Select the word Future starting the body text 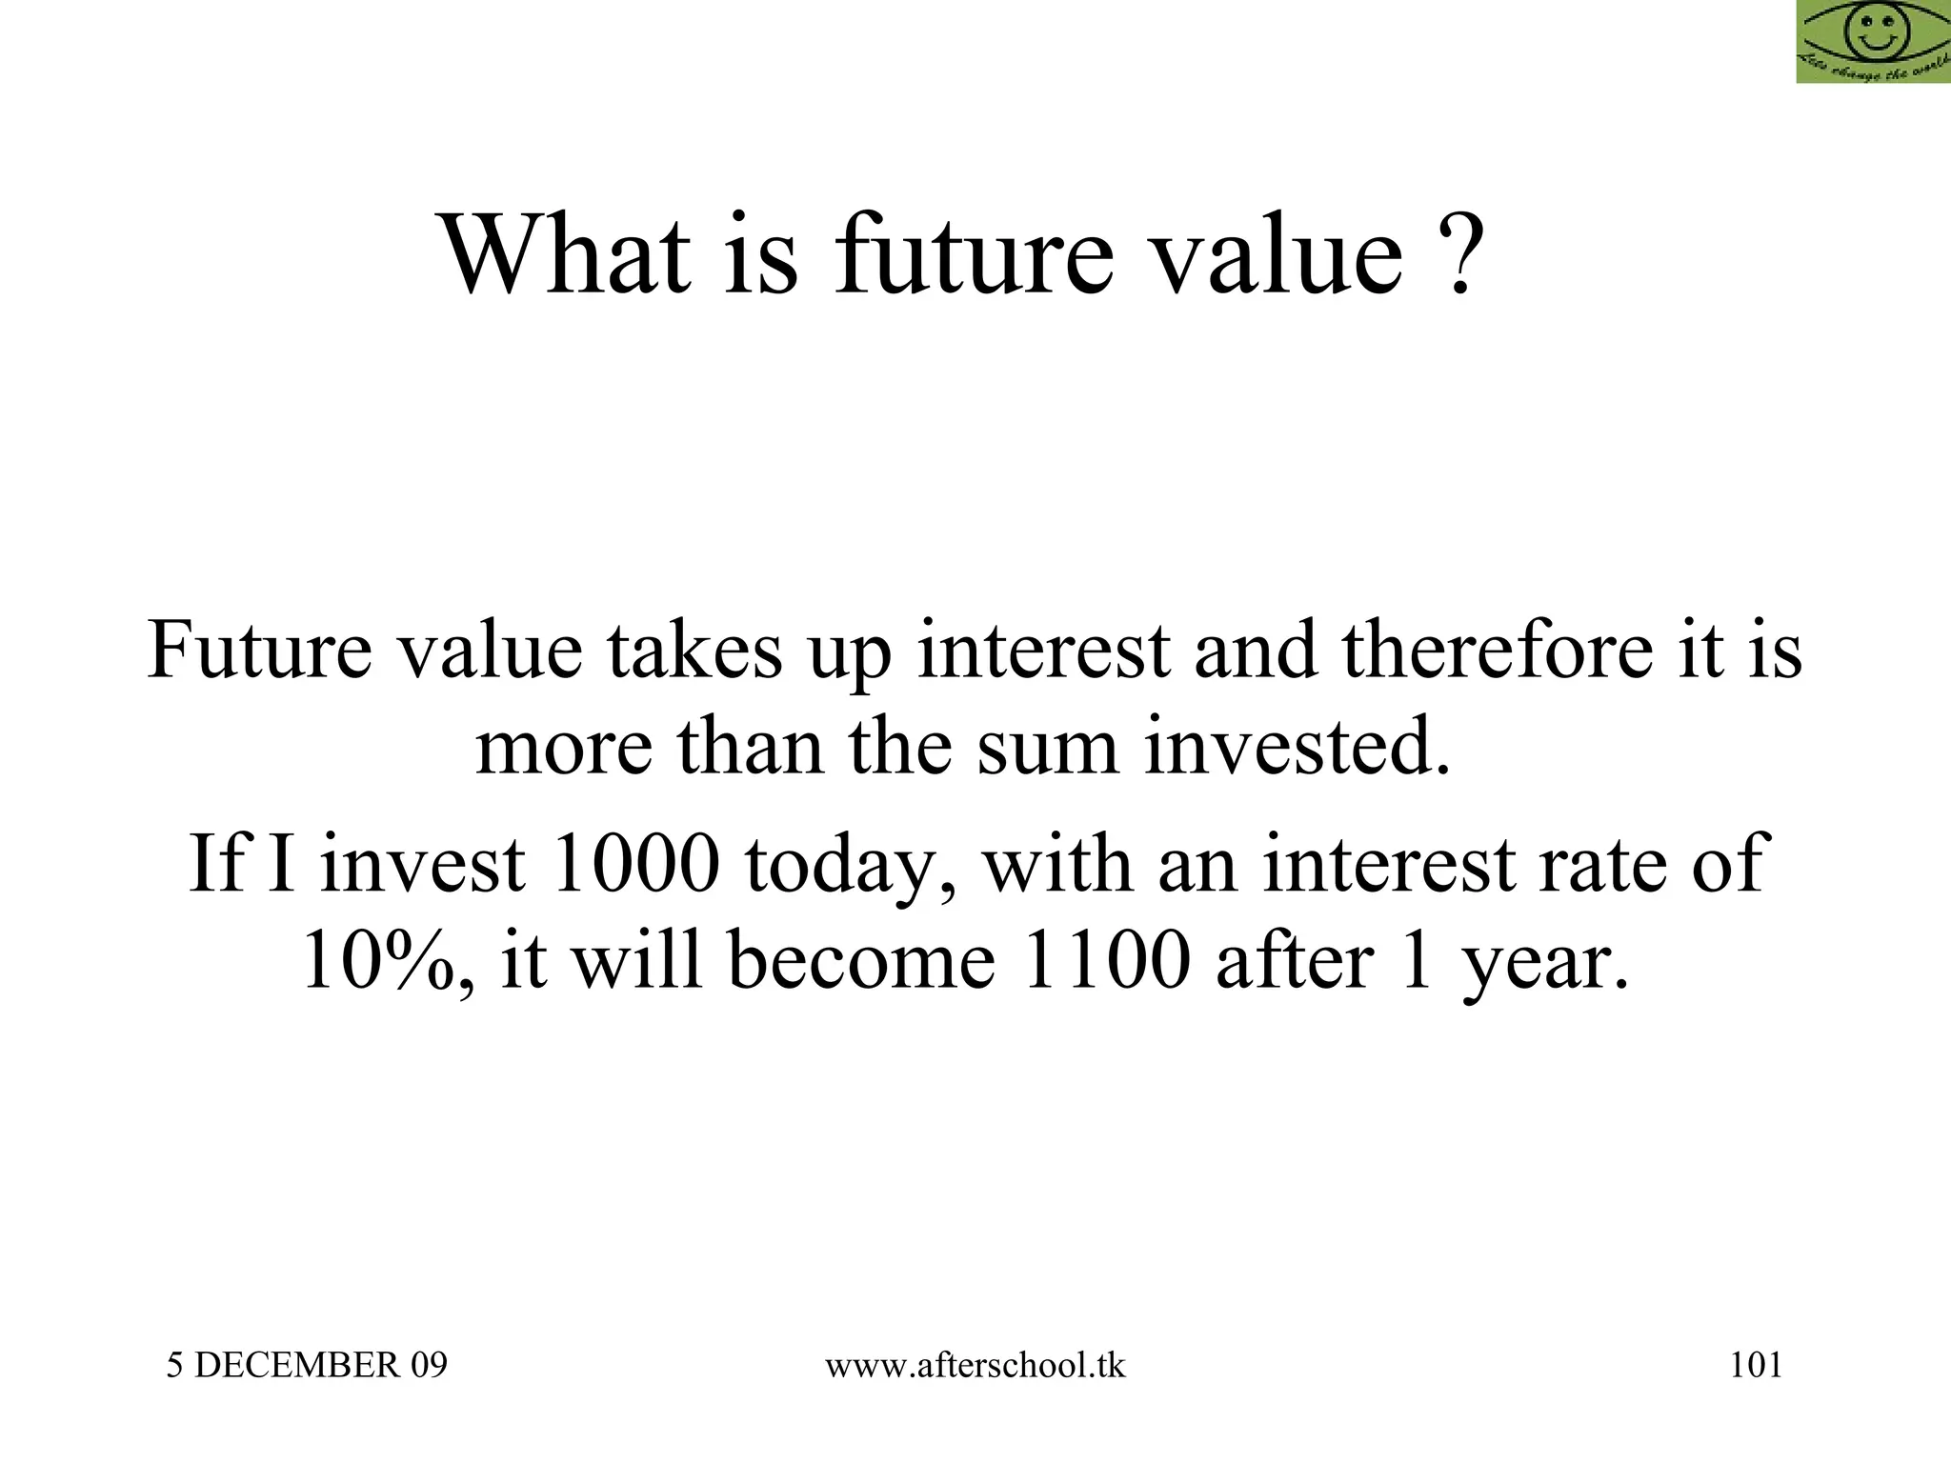click(259, 651)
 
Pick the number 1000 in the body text click(634, 863)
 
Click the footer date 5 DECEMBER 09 click(307, 1366)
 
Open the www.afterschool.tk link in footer click(975, 1366)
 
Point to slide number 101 click(1755, 1366)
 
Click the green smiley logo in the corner click(1873, 41)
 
